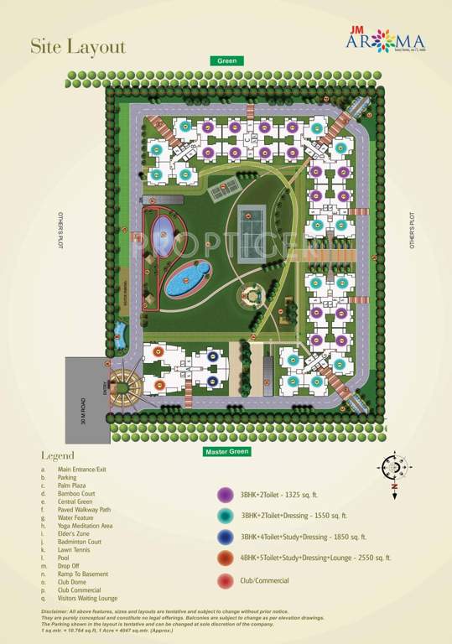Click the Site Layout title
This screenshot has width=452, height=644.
tap(78, 47)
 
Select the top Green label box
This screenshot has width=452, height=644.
tap(227, 61)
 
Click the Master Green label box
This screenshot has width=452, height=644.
tap(226, 452)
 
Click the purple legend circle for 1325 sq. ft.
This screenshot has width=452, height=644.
tap(225, 494)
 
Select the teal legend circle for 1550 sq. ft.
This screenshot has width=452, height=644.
tap(225, 516)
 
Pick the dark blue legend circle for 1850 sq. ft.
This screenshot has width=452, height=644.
tap(225, 537)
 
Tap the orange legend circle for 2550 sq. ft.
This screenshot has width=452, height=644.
tap(225, 558)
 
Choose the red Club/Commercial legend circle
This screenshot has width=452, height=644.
tap(225, 580)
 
